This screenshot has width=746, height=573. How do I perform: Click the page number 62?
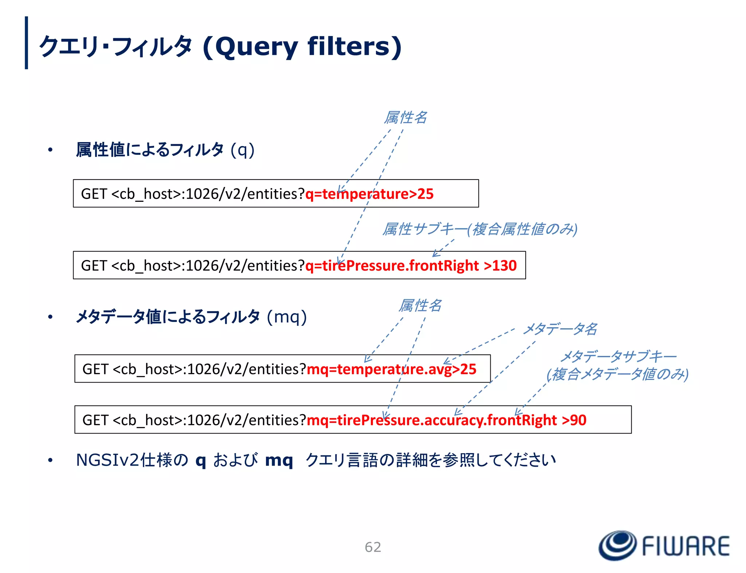(373, 547)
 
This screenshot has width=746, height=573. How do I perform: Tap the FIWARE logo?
(664, 545)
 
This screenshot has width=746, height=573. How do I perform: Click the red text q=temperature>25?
(369, 194)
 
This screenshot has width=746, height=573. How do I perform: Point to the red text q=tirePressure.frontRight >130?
(411, 266)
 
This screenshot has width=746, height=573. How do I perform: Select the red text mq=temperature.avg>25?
(392, 369)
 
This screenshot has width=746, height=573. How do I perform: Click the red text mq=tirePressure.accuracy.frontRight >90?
(447, 420)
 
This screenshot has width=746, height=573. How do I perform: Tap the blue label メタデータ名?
(560, 329)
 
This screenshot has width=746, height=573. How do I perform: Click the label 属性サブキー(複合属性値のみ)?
(480, 229)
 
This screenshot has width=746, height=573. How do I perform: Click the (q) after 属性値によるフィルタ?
(243, 150)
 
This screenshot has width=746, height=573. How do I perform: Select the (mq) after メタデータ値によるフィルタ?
(287, 317)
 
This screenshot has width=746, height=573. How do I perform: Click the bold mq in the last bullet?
(279, 460)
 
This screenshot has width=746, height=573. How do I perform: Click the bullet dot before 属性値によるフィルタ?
(50, 150)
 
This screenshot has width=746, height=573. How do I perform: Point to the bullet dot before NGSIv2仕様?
(50, 460)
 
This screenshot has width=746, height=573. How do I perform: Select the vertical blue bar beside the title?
(26, 43)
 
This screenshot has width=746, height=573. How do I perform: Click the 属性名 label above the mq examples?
(420, 305)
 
